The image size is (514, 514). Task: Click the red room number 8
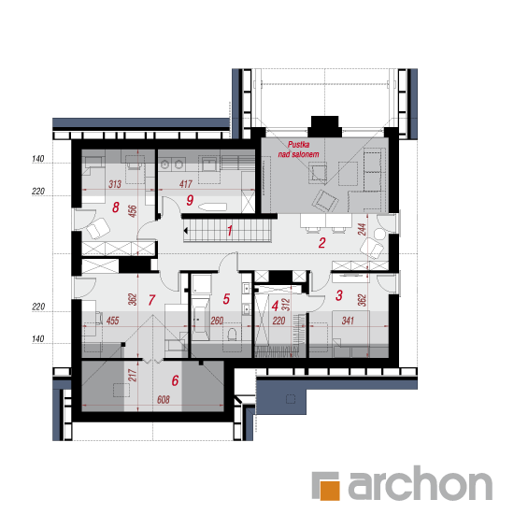[116, 207]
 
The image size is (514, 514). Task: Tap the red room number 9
[190, 200]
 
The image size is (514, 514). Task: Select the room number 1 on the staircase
[230, 231]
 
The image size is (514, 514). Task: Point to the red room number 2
[321, 243]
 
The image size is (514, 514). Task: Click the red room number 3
[339, 295]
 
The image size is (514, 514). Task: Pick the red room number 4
[275, 306]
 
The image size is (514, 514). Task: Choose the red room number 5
[226, 299]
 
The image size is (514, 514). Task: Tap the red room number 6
[176, 380]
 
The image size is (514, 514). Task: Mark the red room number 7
[151, 300]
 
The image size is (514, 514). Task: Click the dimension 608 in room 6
[164, 400]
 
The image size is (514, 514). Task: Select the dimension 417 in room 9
[186, 184]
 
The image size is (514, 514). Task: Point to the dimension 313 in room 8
[115, 184]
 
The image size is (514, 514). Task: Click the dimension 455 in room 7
[112, 321]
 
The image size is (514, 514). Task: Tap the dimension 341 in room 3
[348, 321]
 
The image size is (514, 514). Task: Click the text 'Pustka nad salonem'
[298, 150]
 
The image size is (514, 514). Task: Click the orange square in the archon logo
[330, 491]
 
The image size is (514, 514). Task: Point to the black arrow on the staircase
[186, 231]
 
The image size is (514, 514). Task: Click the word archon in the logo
[421, 483]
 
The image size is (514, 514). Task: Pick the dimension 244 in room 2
[362, 229]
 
